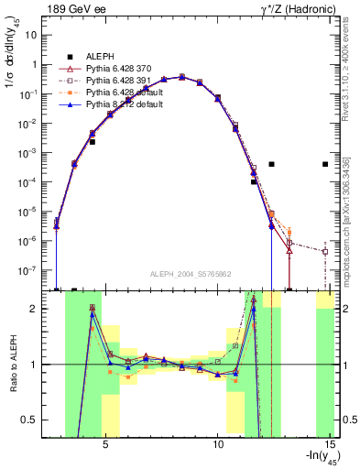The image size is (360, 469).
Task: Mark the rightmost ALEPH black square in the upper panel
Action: click(325, 165)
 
